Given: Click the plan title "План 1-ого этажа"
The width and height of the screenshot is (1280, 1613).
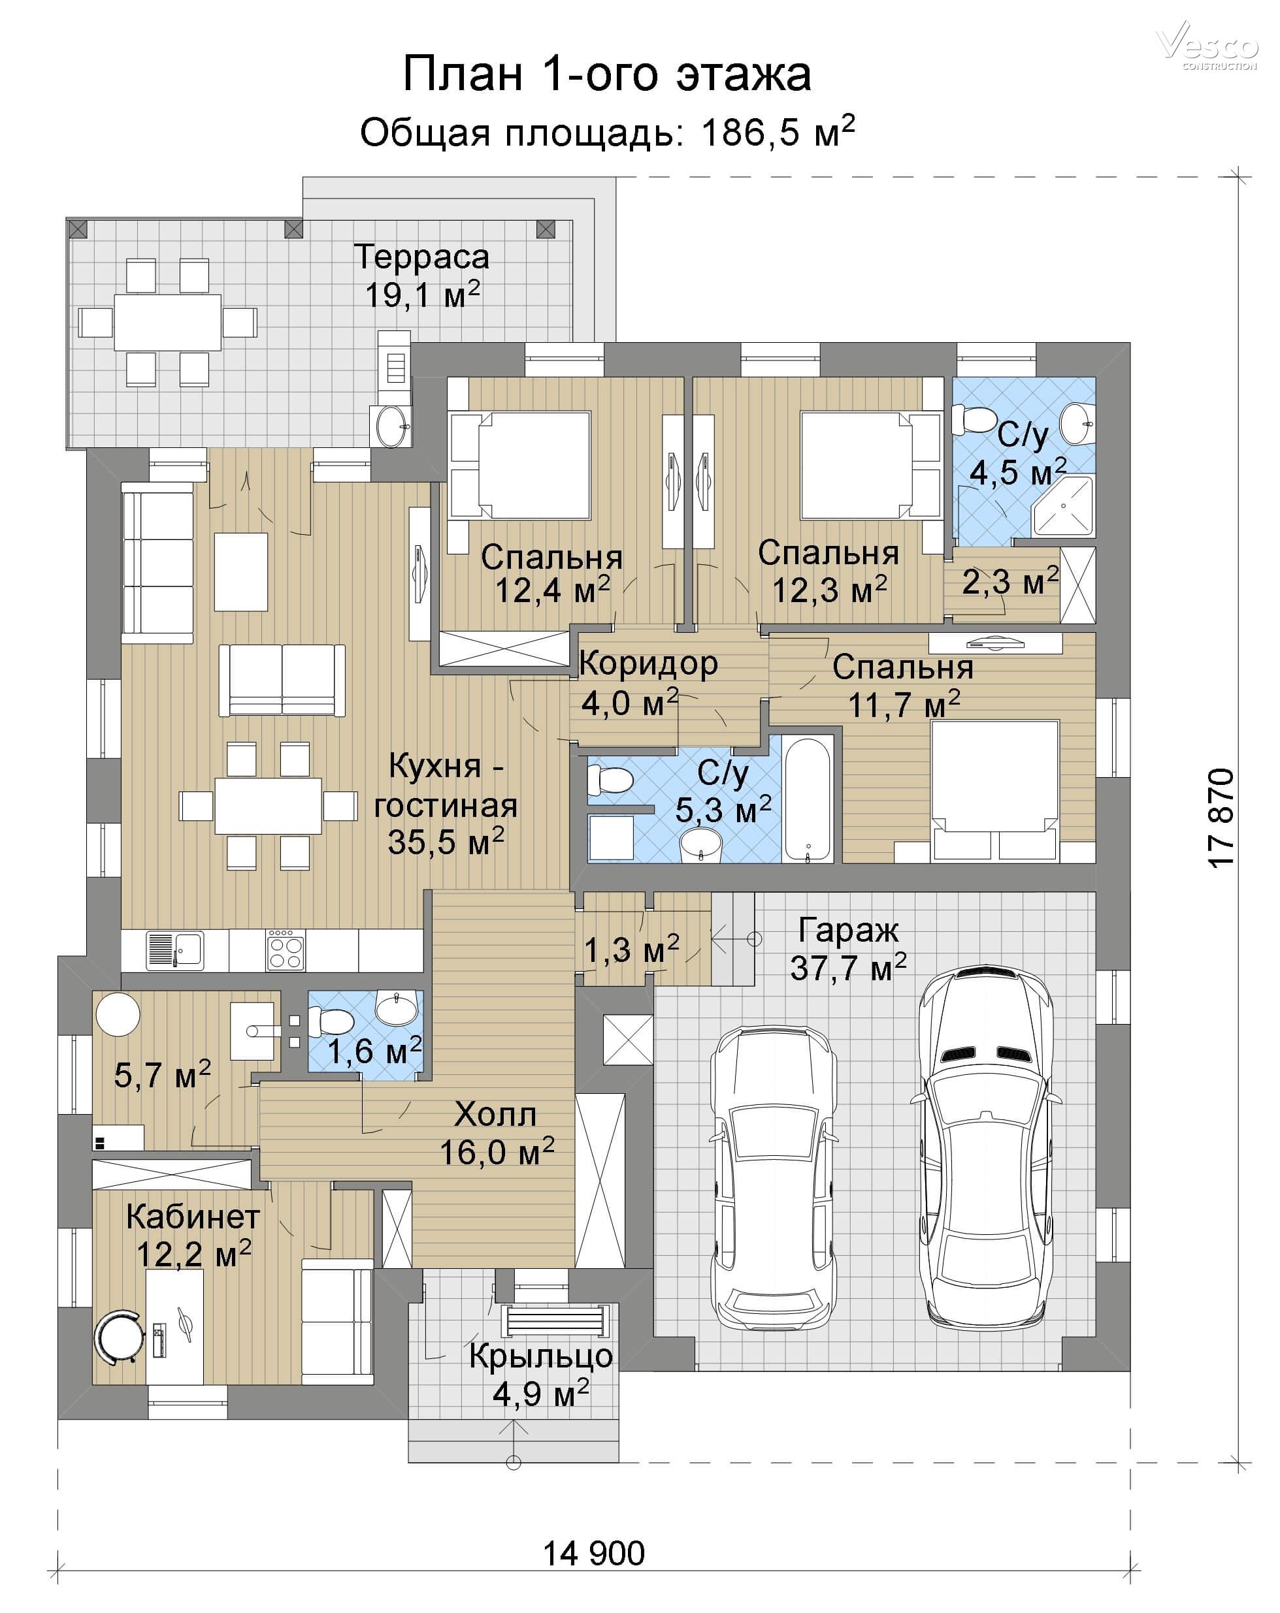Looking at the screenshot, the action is click(606, 74).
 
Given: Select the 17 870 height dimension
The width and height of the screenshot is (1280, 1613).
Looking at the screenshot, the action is click(1221, 817).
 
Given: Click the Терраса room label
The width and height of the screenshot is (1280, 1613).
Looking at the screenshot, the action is click(422, 257).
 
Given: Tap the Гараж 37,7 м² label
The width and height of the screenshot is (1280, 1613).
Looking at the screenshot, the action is click(848, 949).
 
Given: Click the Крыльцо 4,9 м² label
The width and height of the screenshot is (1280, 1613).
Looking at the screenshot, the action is click(541, 1375).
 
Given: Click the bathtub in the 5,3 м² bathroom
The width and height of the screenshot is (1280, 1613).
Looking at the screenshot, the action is click(808, 799).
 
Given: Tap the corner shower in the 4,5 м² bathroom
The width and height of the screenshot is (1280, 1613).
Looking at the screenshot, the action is click(1063, 507).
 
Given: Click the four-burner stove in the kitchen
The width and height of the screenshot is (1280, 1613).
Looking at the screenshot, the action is click(285, 950).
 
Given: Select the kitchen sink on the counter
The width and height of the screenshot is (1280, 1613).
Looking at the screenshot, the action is click(174, 950).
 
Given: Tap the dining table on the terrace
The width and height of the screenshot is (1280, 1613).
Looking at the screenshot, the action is click(168, 323).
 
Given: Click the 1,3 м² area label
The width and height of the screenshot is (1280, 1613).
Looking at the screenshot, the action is click(631, 950).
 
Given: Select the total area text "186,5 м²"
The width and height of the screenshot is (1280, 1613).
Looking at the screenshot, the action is click(778, 132).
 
